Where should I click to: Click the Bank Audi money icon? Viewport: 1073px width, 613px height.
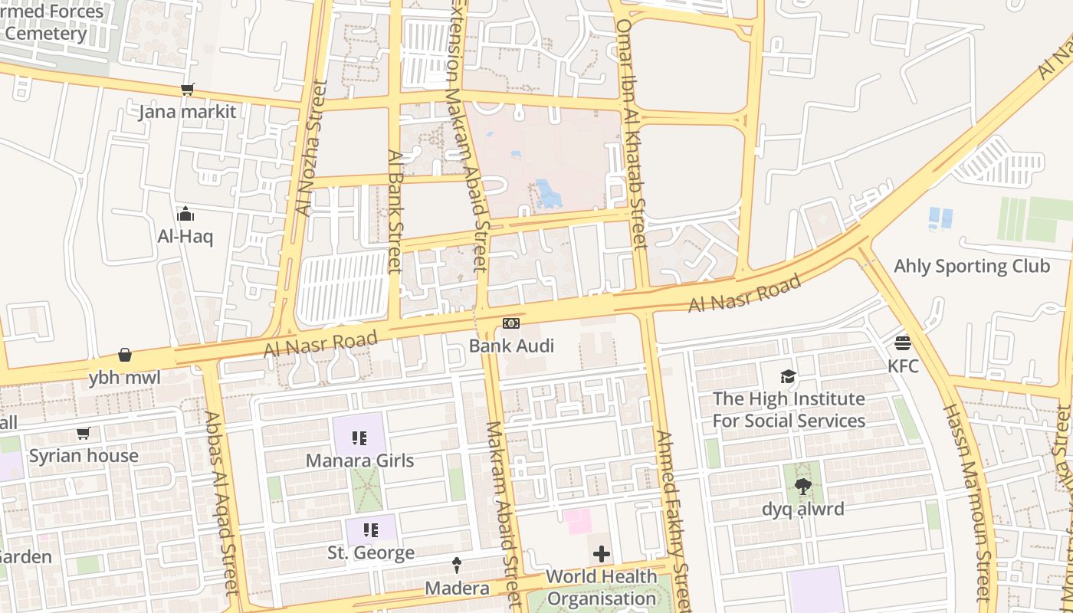511,324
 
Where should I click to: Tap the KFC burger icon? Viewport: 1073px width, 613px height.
903,343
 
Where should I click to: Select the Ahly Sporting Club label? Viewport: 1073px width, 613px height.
971,267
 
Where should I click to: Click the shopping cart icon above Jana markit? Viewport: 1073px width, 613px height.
187,90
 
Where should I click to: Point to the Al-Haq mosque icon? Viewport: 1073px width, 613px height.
185,214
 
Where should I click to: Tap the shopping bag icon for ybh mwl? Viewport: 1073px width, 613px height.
125,355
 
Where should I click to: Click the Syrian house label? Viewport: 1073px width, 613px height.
84,456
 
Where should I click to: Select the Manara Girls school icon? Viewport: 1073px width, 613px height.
359,438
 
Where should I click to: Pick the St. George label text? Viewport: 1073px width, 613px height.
371,552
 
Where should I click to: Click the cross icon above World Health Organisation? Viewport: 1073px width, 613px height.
602,553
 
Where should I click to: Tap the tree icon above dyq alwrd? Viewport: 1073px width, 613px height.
802,486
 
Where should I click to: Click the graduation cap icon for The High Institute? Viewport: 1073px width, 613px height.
788,376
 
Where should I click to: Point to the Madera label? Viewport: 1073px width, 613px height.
457,588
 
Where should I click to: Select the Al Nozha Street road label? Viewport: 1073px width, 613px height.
312,148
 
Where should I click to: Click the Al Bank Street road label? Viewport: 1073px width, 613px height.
395,211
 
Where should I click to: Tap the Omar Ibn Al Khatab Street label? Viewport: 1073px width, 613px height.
632,134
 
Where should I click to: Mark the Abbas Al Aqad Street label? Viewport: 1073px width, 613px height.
220,503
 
